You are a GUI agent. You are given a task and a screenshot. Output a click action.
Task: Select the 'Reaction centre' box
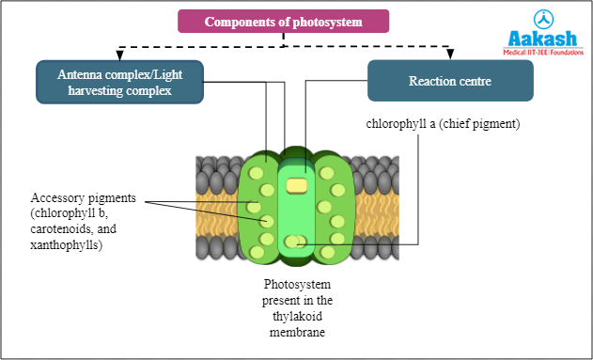point(450,82)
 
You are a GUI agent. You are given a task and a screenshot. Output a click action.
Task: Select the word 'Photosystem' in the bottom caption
point(297,285)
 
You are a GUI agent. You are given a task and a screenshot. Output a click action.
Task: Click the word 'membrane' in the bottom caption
point(297,332)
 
